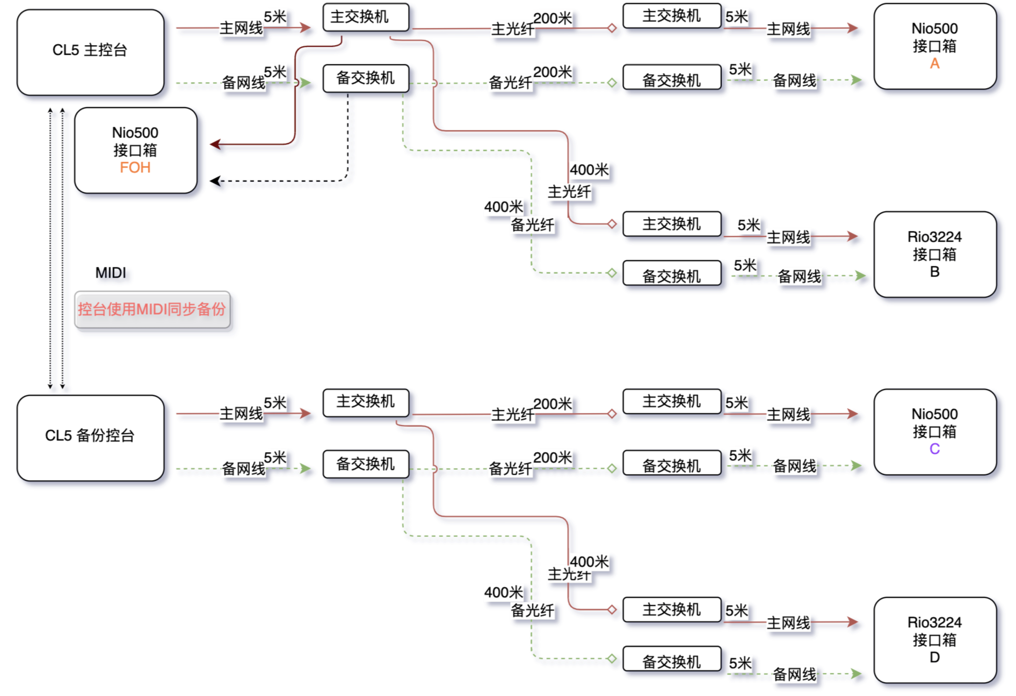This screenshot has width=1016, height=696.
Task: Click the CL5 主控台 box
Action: pos(90,52)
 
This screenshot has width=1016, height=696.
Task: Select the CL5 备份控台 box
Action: pos(90,438)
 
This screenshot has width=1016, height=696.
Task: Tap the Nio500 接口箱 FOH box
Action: pos(136,150)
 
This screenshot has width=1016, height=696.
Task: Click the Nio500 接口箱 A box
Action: pos(934,46)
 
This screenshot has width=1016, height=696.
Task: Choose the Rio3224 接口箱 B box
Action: pos(934,254)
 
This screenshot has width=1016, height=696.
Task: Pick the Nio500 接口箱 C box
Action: pos(934,432)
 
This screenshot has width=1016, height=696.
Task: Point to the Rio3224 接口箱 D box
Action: pos(934,640)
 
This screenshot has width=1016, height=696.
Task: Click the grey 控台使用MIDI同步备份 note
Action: pos(153,309)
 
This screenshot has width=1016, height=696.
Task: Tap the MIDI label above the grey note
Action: pos(111,273)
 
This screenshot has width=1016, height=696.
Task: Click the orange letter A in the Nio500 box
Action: pos(934,64)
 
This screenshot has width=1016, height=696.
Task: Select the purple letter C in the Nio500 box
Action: pos(934,449)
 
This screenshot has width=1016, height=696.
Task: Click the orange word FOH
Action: pos(135,168)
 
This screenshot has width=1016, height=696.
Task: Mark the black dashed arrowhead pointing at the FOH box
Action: pos(215,181)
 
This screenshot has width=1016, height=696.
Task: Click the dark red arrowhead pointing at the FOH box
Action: pos(215,144)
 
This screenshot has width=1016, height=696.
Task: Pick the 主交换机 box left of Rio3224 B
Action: pos(672,224)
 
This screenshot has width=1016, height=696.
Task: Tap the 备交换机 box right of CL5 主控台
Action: pos(366,78)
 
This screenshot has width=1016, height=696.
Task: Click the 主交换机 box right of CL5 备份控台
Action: pos(366,402)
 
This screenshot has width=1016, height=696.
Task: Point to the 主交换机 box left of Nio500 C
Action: pos(672,401)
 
